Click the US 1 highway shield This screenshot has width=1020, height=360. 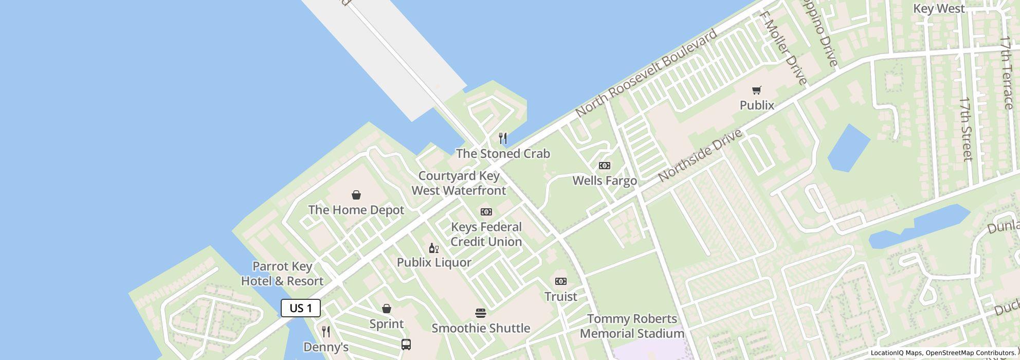pyautogui.click(x=301, y=308)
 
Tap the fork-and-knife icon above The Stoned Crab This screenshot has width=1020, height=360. pyautogui.click(x=503, y=138)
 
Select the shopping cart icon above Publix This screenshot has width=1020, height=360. pyautogui.click(x=756, y=91)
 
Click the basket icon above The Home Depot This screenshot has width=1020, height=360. pyautogui.click(x=356, y=195)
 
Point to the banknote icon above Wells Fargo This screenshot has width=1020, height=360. pyautogui.click(x=605, y=166)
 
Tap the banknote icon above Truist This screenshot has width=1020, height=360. pyautogui.click(x=561, y=281)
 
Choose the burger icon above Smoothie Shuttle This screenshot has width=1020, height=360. pyautogui.click(x=481, y=313)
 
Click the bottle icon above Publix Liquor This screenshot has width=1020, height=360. pyautogui.click(x=434, y=248)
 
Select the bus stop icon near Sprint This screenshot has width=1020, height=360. pyautogui.click(x=406, y=344)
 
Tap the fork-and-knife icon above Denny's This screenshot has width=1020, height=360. pyautogui.click(x=326, y=332)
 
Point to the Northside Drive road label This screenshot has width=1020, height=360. pyautogui.click(x=700, y=155)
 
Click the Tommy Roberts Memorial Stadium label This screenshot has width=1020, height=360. pyautogui.click(x=632, y=326)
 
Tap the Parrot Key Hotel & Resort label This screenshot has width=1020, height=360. pyautogui.click(x=282, y=274)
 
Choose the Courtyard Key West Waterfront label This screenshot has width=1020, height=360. pyautogui.click(x=459, y=183)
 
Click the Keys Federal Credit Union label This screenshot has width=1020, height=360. pyautogui.click(x=486, y=235)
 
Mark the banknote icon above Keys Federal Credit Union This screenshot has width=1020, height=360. pyautogui.click(x=486, y=212)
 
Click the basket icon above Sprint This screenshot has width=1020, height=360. pyautogui.click(x=387, y=309)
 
